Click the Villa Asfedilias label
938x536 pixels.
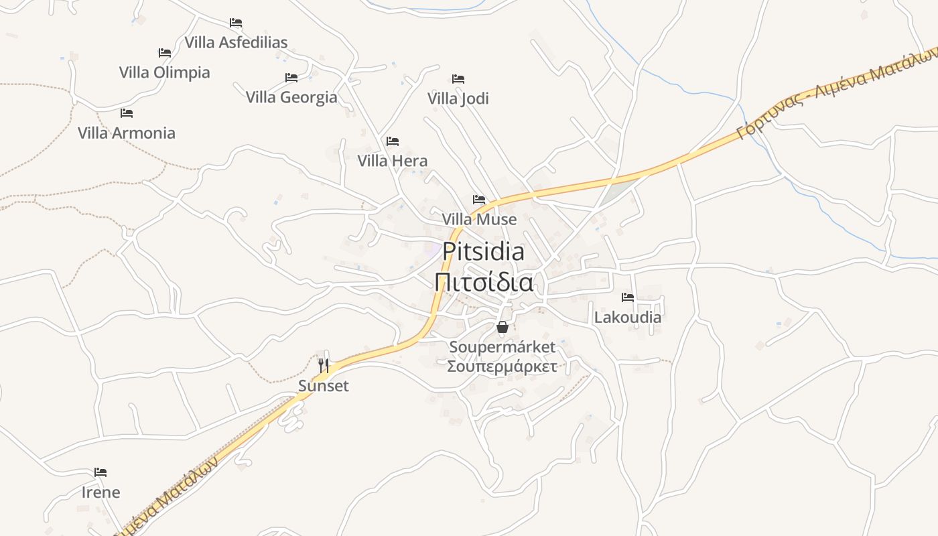[236, 42]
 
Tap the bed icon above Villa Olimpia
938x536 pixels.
[165, 53]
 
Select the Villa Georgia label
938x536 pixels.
[291, 97]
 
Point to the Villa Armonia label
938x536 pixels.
[127, 133]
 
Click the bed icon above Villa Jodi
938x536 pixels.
[458, 79]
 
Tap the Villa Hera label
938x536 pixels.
[392, 161]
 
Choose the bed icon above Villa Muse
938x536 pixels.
[479, 200]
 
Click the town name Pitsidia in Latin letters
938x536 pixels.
[483, 252]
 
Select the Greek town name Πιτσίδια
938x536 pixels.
[484, 283]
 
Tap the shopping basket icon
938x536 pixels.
[503, 327]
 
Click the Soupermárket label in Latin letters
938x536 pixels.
[503, 347]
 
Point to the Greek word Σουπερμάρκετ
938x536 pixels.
[503, 366]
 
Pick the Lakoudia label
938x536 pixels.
[628, 317]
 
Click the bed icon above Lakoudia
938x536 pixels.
[628, 297]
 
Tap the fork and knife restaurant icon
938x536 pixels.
[324, 365]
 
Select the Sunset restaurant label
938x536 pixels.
[324, 386]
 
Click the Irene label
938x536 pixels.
[101, 492]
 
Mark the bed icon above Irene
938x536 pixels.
[100, 472]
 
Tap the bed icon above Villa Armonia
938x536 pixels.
[127, 113]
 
